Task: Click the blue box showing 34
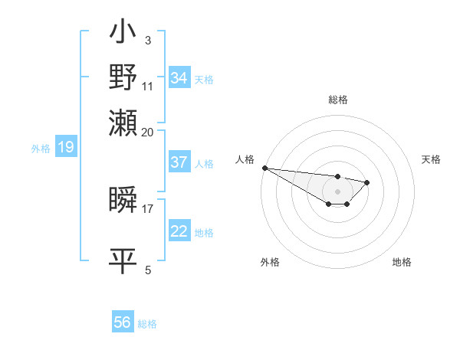179,78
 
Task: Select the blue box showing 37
179,162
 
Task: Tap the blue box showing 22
179,231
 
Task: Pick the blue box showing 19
65,147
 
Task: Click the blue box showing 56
123,322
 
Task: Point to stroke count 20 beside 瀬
148,132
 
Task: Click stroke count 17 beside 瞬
148,208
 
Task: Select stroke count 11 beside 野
148,85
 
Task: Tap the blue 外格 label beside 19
41,148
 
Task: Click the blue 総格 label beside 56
147,324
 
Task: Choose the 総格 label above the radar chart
337,100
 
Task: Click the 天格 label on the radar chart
431,159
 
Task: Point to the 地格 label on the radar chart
402,262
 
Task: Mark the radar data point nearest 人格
264,168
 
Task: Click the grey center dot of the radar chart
337,191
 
